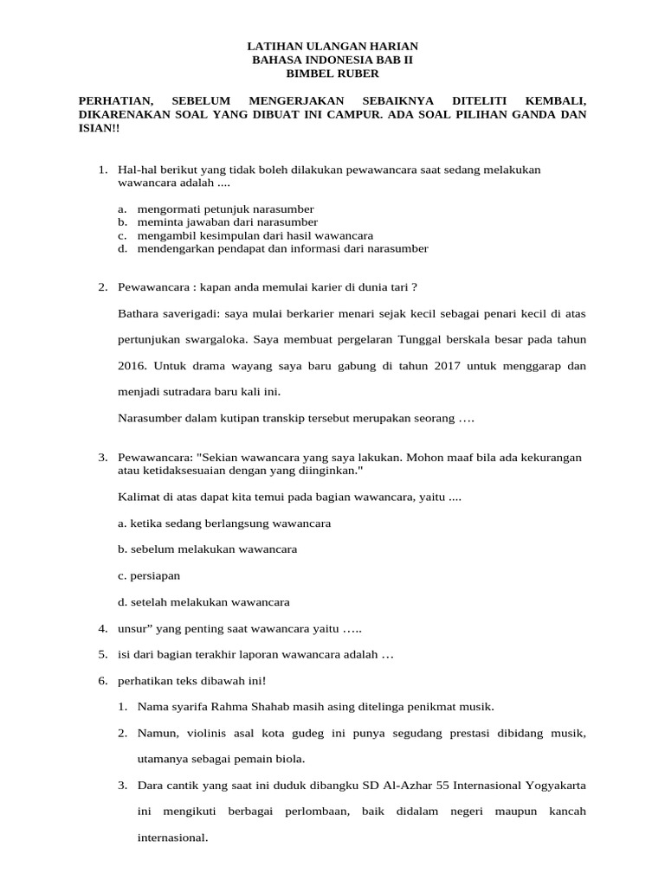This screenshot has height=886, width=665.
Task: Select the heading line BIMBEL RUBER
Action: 332,74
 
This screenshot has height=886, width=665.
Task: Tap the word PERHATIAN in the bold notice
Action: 113,100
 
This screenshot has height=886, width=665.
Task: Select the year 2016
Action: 132,366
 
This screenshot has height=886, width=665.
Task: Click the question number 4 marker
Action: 102,628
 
